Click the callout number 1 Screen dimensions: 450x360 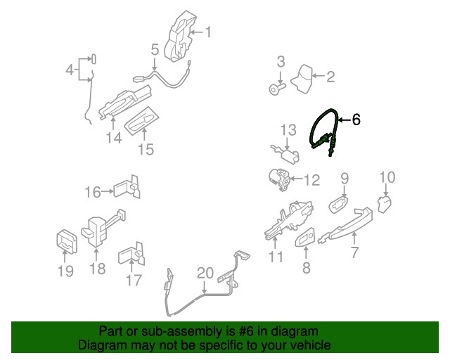[208, 32]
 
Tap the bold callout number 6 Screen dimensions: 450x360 [356, 120]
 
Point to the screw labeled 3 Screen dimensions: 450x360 [276, 88]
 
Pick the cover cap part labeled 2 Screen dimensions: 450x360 [302, 79]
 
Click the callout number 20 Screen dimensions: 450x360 [205, 274]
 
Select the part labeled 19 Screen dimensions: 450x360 [67, 241]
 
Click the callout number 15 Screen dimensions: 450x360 [146, 149]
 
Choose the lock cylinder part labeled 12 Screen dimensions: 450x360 [280, 179]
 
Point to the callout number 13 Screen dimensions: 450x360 [288, 130]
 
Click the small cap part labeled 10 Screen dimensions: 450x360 [385, 204]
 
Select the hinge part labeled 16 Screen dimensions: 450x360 [127, 188]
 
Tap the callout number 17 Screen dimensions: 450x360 [134, 281]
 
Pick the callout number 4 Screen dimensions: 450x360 [70, 70]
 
